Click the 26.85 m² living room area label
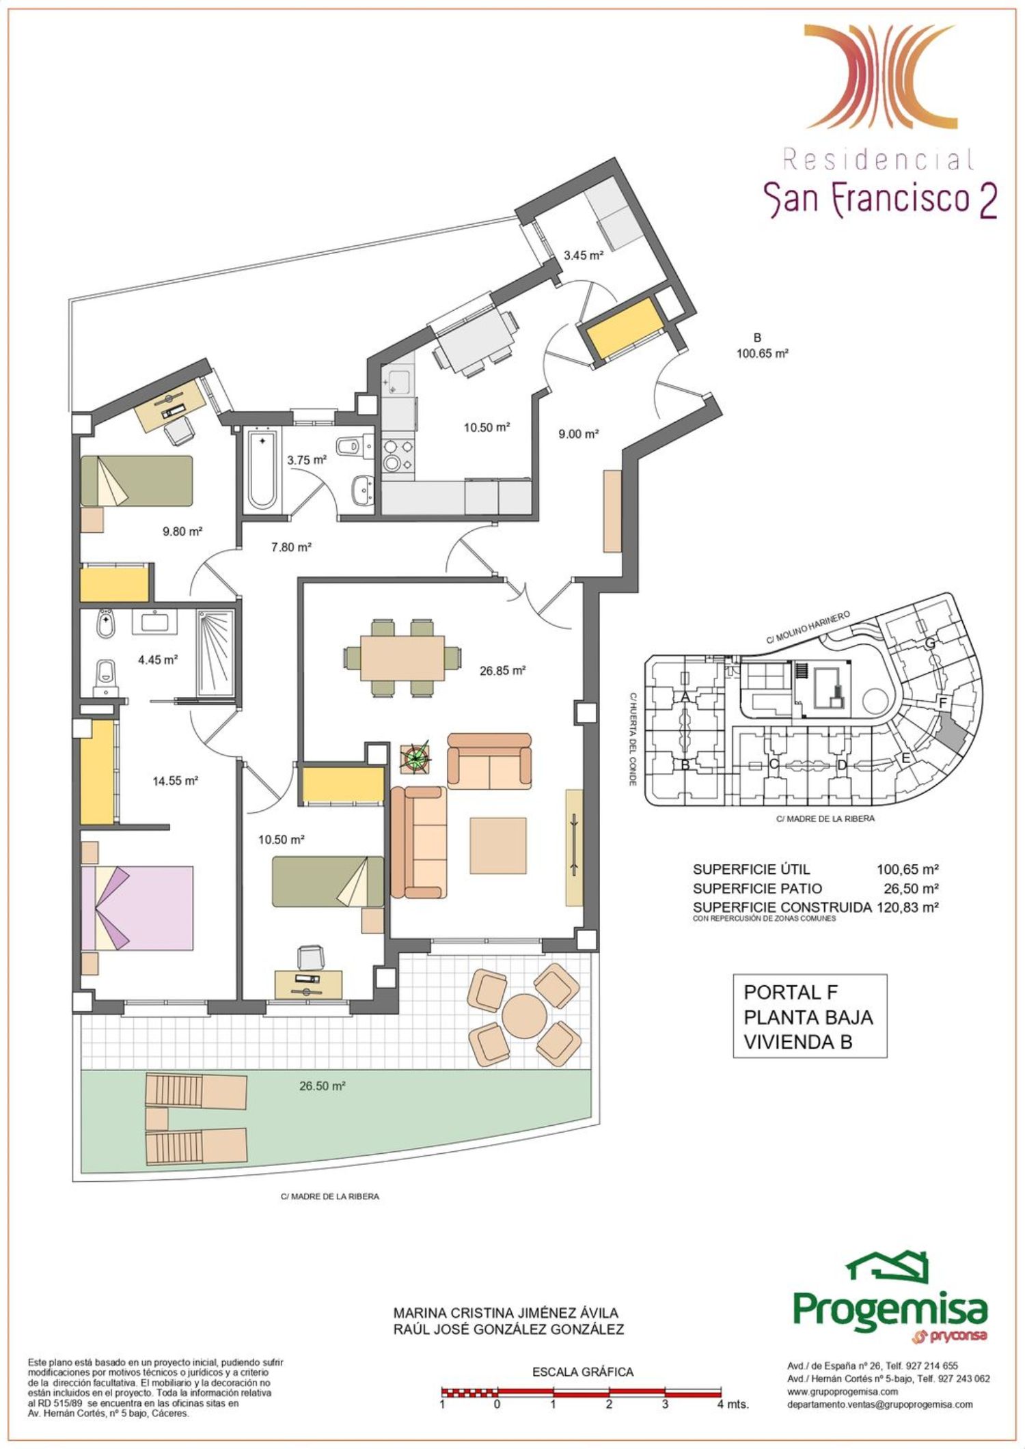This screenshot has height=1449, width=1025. pos(502,671)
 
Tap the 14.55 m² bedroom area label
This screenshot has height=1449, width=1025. pos(175,780)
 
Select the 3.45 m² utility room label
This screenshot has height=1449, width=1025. pos(583,256)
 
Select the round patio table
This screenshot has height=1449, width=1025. pos(524,1014)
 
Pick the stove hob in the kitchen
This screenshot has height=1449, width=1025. pos(398,455)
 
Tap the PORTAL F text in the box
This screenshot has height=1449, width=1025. pos(791,992)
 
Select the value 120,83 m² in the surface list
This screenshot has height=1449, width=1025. pos(907,907)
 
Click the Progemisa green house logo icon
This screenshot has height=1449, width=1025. pos(888,1268)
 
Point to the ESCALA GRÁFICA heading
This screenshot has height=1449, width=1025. pos(583,1372)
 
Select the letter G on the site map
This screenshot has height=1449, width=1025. pos(929,644)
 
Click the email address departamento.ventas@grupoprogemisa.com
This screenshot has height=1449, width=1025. pos(879,1405)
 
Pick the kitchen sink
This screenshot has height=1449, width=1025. pos(397,379)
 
